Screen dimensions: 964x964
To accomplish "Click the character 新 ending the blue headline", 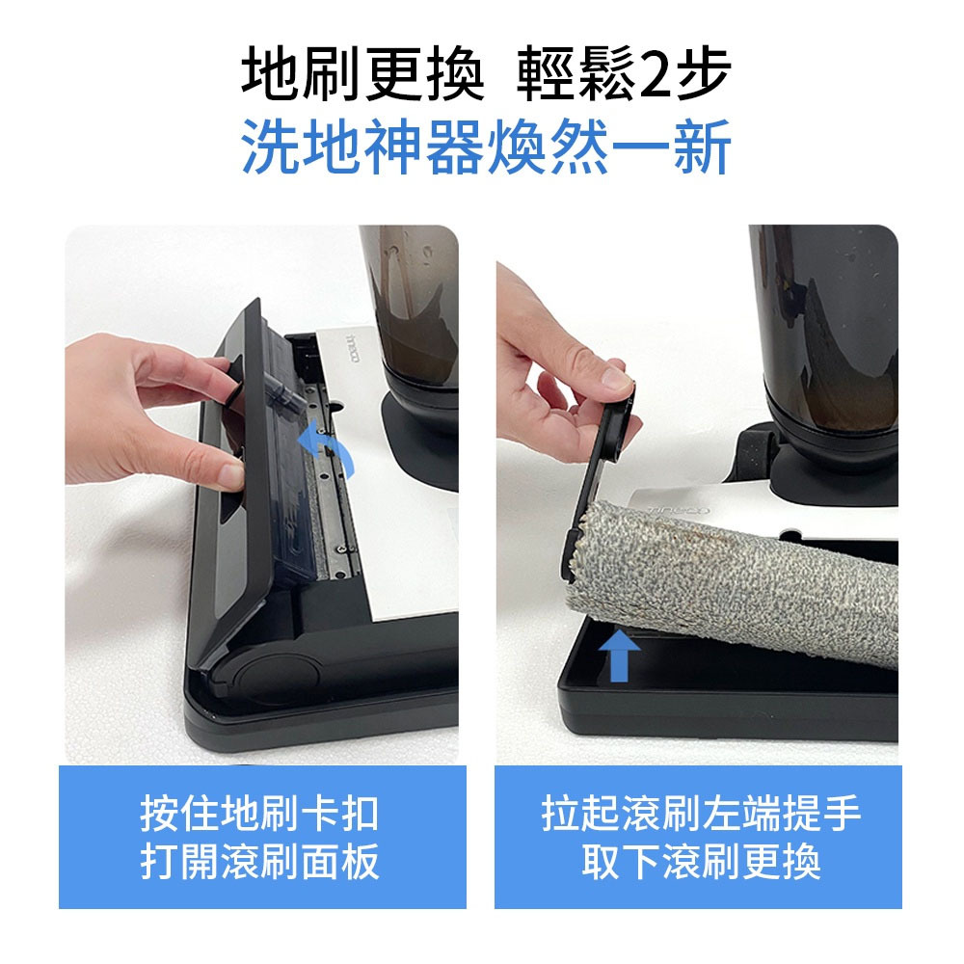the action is [702, 147].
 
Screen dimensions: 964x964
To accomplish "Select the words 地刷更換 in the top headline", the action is [362, 73].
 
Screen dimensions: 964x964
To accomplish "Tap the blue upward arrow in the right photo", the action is [619, 656].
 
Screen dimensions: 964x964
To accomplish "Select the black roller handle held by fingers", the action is [605, 455].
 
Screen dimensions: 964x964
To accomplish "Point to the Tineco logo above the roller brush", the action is [678, 510].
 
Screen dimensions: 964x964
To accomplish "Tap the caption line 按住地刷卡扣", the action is [259, 814].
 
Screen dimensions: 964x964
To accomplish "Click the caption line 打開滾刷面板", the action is [259, 862].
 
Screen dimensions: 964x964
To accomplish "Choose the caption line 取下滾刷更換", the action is [702, 862].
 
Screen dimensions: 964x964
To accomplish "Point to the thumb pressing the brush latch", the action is [209, 375].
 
